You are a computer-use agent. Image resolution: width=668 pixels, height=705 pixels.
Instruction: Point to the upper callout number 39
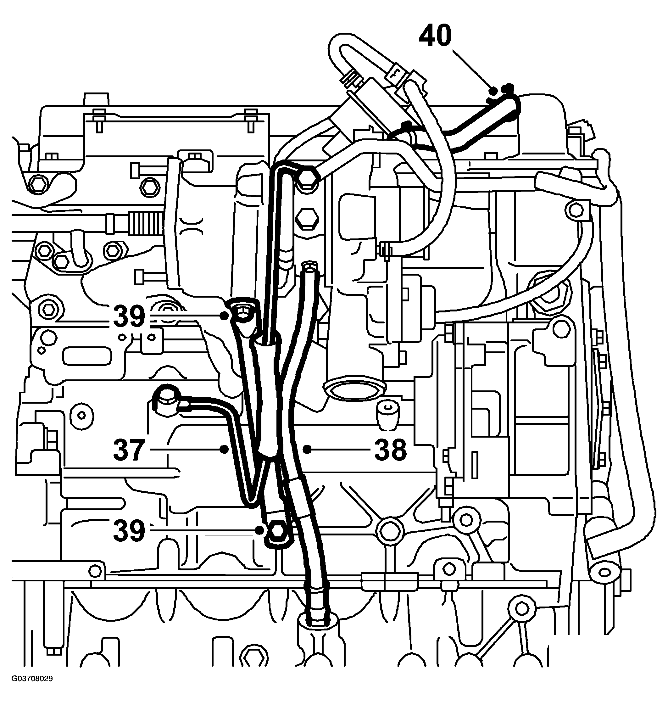click(x=129, y=316)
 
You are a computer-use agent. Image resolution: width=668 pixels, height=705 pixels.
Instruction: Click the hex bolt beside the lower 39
click(x=277, y=530)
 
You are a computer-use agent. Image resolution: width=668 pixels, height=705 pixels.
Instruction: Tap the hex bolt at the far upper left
click(x=38, y=184)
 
